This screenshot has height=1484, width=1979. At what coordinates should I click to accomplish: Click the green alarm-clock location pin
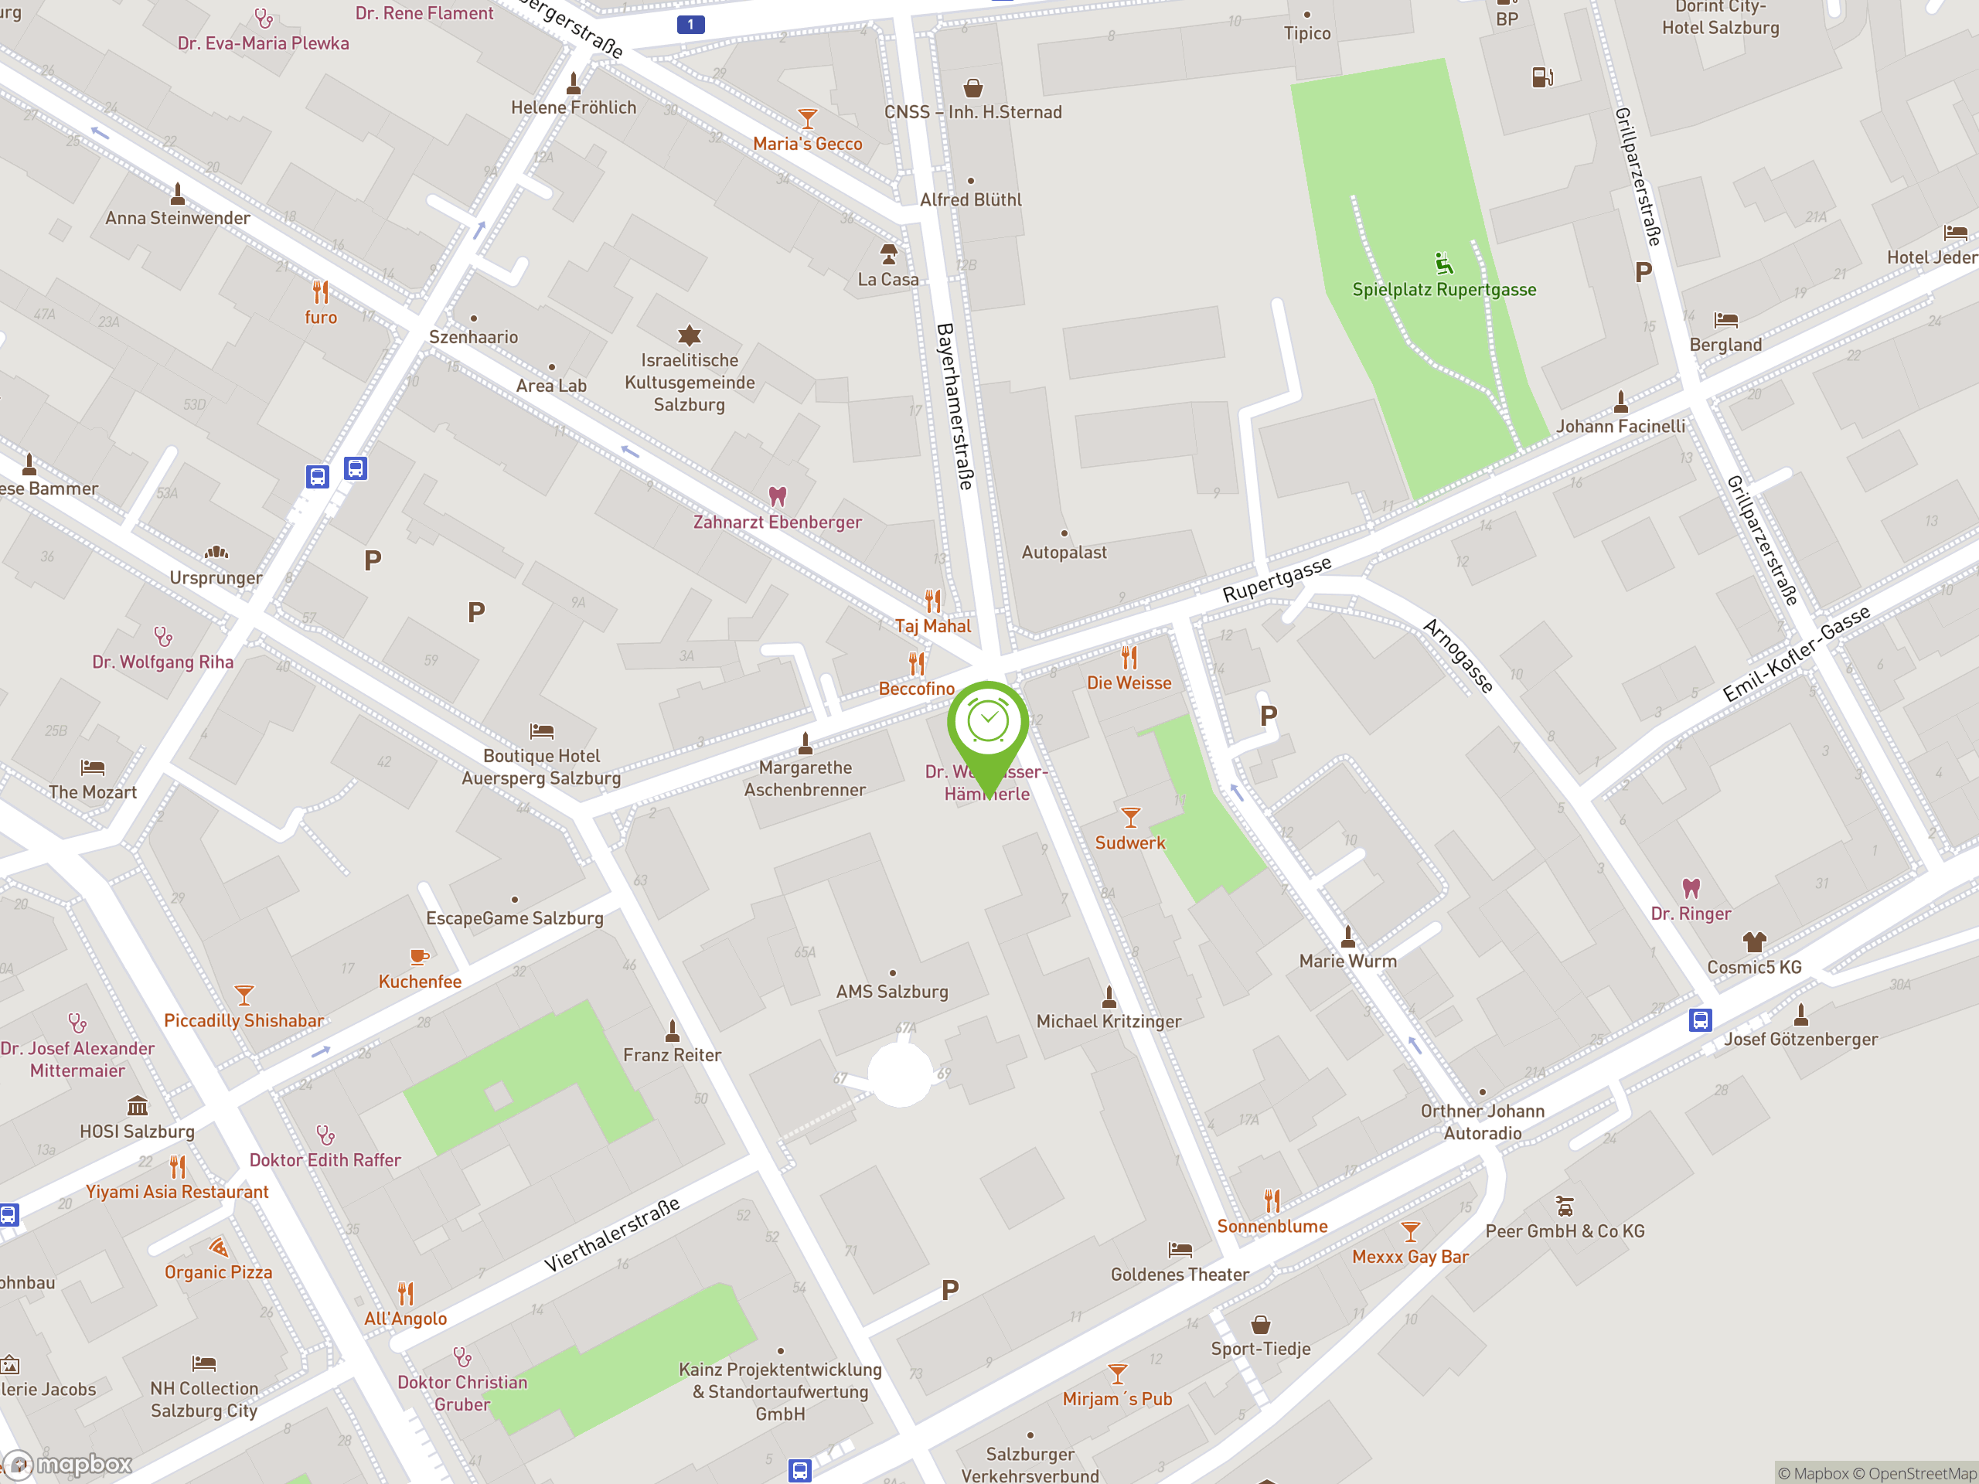(988, 724)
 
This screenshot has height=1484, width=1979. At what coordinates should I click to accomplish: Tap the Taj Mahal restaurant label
(932, 626)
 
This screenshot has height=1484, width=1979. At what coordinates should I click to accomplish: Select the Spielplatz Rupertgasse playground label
(1443, 290)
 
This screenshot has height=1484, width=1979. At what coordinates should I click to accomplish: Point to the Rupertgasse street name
(1277, 579)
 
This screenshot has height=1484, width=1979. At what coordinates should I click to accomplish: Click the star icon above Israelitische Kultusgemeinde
(689, 335)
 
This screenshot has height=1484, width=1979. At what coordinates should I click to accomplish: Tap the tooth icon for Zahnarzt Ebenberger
(778, 495)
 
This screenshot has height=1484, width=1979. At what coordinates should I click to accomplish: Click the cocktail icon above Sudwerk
(1130, 818)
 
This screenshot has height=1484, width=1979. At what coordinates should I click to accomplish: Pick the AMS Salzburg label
(891, 991)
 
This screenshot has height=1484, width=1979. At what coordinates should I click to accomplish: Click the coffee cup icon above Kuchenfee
(419, 957)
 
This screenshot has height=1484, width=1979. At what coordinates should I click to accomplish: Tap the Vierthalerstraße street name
(612, 1234)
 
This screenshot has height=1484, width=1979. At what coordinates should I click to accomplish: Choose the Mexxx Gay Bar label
(1410, 1257)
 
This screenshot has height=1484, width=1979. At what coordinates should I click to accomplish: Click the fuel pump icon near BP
(1541, 78)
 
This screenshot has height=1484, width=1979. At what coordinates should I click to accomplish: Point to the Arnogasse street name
(1458, 655)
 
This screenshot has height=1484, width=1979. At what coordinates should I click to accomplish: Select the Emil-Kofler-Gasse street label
(1797, 653)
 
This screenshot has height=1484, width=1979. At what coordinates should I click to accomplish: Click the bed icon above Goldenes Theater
(1180, 1250)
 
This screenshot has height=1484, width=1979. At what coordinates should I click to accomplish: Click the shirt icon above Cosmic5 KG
(1753, 942)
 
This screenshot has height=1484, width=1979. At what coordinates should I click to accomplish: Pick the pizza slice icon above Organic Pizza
(218, 1247)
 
